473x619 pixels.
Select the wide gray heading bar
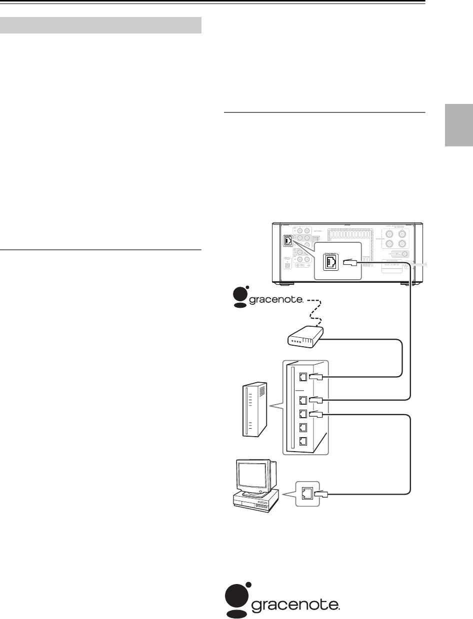tap(101, 24)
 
